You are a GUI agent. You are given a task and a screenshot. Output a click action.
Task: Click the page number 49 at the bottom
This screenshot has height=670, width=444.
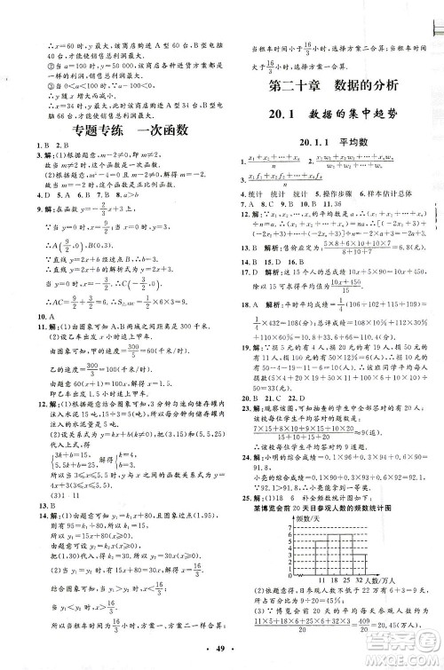(x=221, y=658)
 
